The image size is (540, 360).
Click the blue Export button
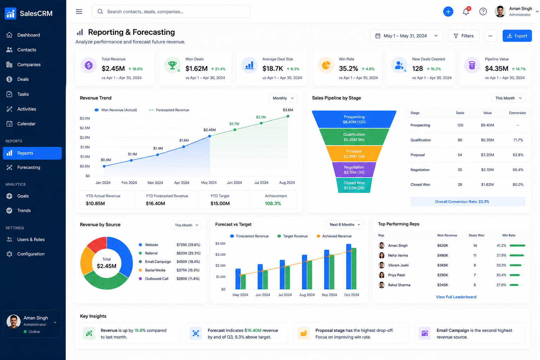(517, 36)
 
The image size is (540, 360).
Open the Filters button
(463, 36)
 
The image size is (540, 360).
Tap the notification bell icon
(466, 12)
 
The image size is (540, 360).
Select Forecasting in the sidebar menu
(29, 167)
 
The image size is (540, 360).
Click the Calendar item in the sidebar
(26, 124)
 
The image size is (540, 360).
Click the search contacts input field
(171, 12)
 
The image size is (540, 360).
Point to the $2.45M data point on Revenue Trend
(210, 136)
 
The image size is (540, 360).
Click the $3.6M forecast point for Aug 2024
(288, 116)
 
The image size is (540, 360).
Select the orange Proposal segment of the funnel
(354, 154)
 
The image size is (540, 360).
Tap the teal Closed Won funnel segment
(354, 185)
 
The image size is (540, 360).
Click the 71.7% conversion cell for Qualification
(518, 140)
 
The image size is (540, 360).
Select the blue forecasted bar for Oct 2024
(349, 266)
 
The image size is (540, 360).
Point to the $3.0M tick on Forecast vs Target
(220, 255)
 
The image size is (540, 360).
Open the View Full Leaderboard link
(456, 297)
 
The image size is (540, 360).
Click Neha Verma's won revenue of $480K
(443, 255)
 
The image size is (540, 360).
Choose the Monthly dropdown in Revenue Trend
(283, 98)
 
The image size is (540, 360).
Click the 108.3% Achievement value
(273, 203)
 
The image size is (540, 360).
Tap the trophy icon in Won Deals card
(172, 65)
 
